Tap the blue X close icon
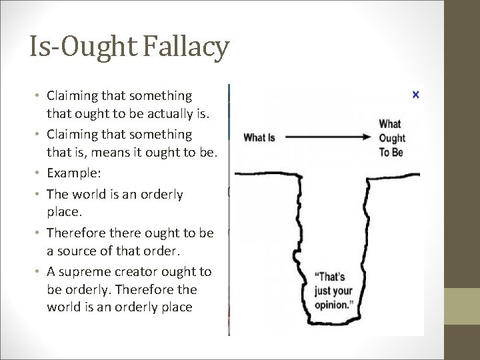point(416,95)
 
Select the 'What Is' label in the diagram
point(259,138)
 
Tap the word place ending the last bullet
point(176,307)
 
